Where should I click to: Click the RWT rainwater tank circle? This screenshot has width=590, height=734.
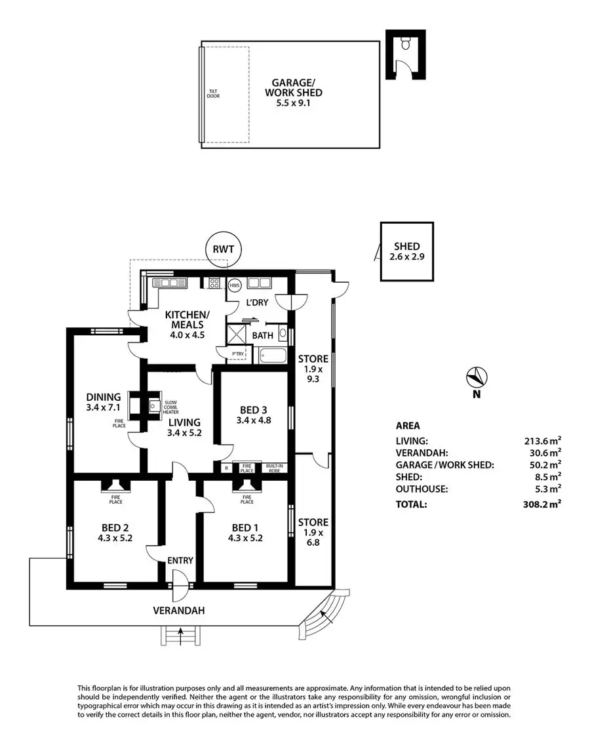coord(223,249)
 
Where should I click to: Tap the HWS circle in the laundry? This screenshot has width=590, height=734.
coord(235,285)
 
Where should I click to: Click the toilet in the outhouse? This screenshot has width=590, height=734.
coord(404,45)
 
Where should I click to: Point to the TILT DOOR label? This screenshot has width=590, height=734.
coord(213,94)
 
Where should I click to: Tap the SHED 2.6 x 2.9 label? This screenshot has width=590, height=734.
coord(406,252)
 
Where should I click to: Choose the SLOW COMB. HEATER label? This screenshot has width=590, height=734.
coord(170,407)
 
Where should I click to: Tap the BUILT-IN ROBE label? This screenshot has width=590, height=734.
coord(273,468)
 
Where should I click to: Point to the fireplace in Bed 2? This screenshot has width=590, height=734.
coord(115,486)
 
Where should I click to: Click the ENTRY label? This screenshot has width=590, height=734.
coord(180,560)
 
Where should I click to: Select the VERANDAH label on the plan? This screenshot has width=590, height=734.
coord(179,610)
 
